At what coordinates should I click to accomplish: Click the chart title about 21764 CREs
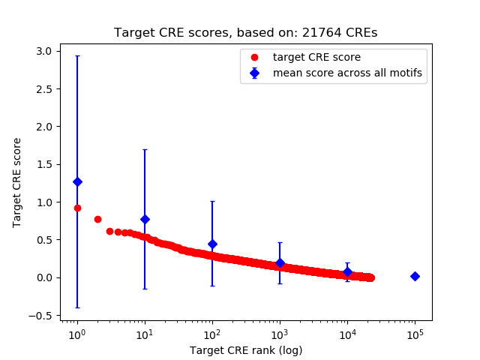point(245,33)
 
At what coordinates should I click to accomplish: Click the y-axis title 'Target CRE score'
point(17,182)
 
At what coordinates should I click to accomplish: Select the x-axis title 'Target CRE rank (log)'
point(245,350)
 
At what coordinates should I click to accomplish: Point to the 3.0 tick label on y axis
point(45,51)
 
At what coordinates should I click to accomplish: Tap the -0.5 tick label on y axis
point(43,316)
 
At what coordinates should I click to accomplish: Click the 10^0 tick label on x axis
point(77,334)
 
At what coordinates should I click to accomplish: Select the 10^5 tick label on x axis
point(415,334)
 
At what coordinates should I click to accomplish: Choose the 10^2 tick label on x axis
point(212,334)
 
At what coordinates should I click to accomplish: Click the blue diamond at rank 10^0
point(77,181)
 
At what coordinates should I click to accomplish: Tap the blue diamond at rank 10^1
point(145,219)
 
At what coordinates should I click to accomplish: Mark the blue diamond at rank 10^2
point(212,244)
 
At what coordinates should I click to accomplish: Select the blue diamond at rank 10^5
point(415,276)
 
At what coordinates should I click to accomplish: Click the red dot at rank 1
point(77,208)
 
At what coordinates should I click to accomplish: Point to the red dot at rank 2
point(97,219)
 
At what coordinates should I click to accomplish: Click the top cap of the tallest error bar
point(77,55)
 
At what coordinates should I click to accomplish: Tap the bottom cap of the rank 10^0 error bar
point(77,307)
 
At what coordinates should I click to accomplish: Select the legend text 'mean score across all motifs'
point(346,73)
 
